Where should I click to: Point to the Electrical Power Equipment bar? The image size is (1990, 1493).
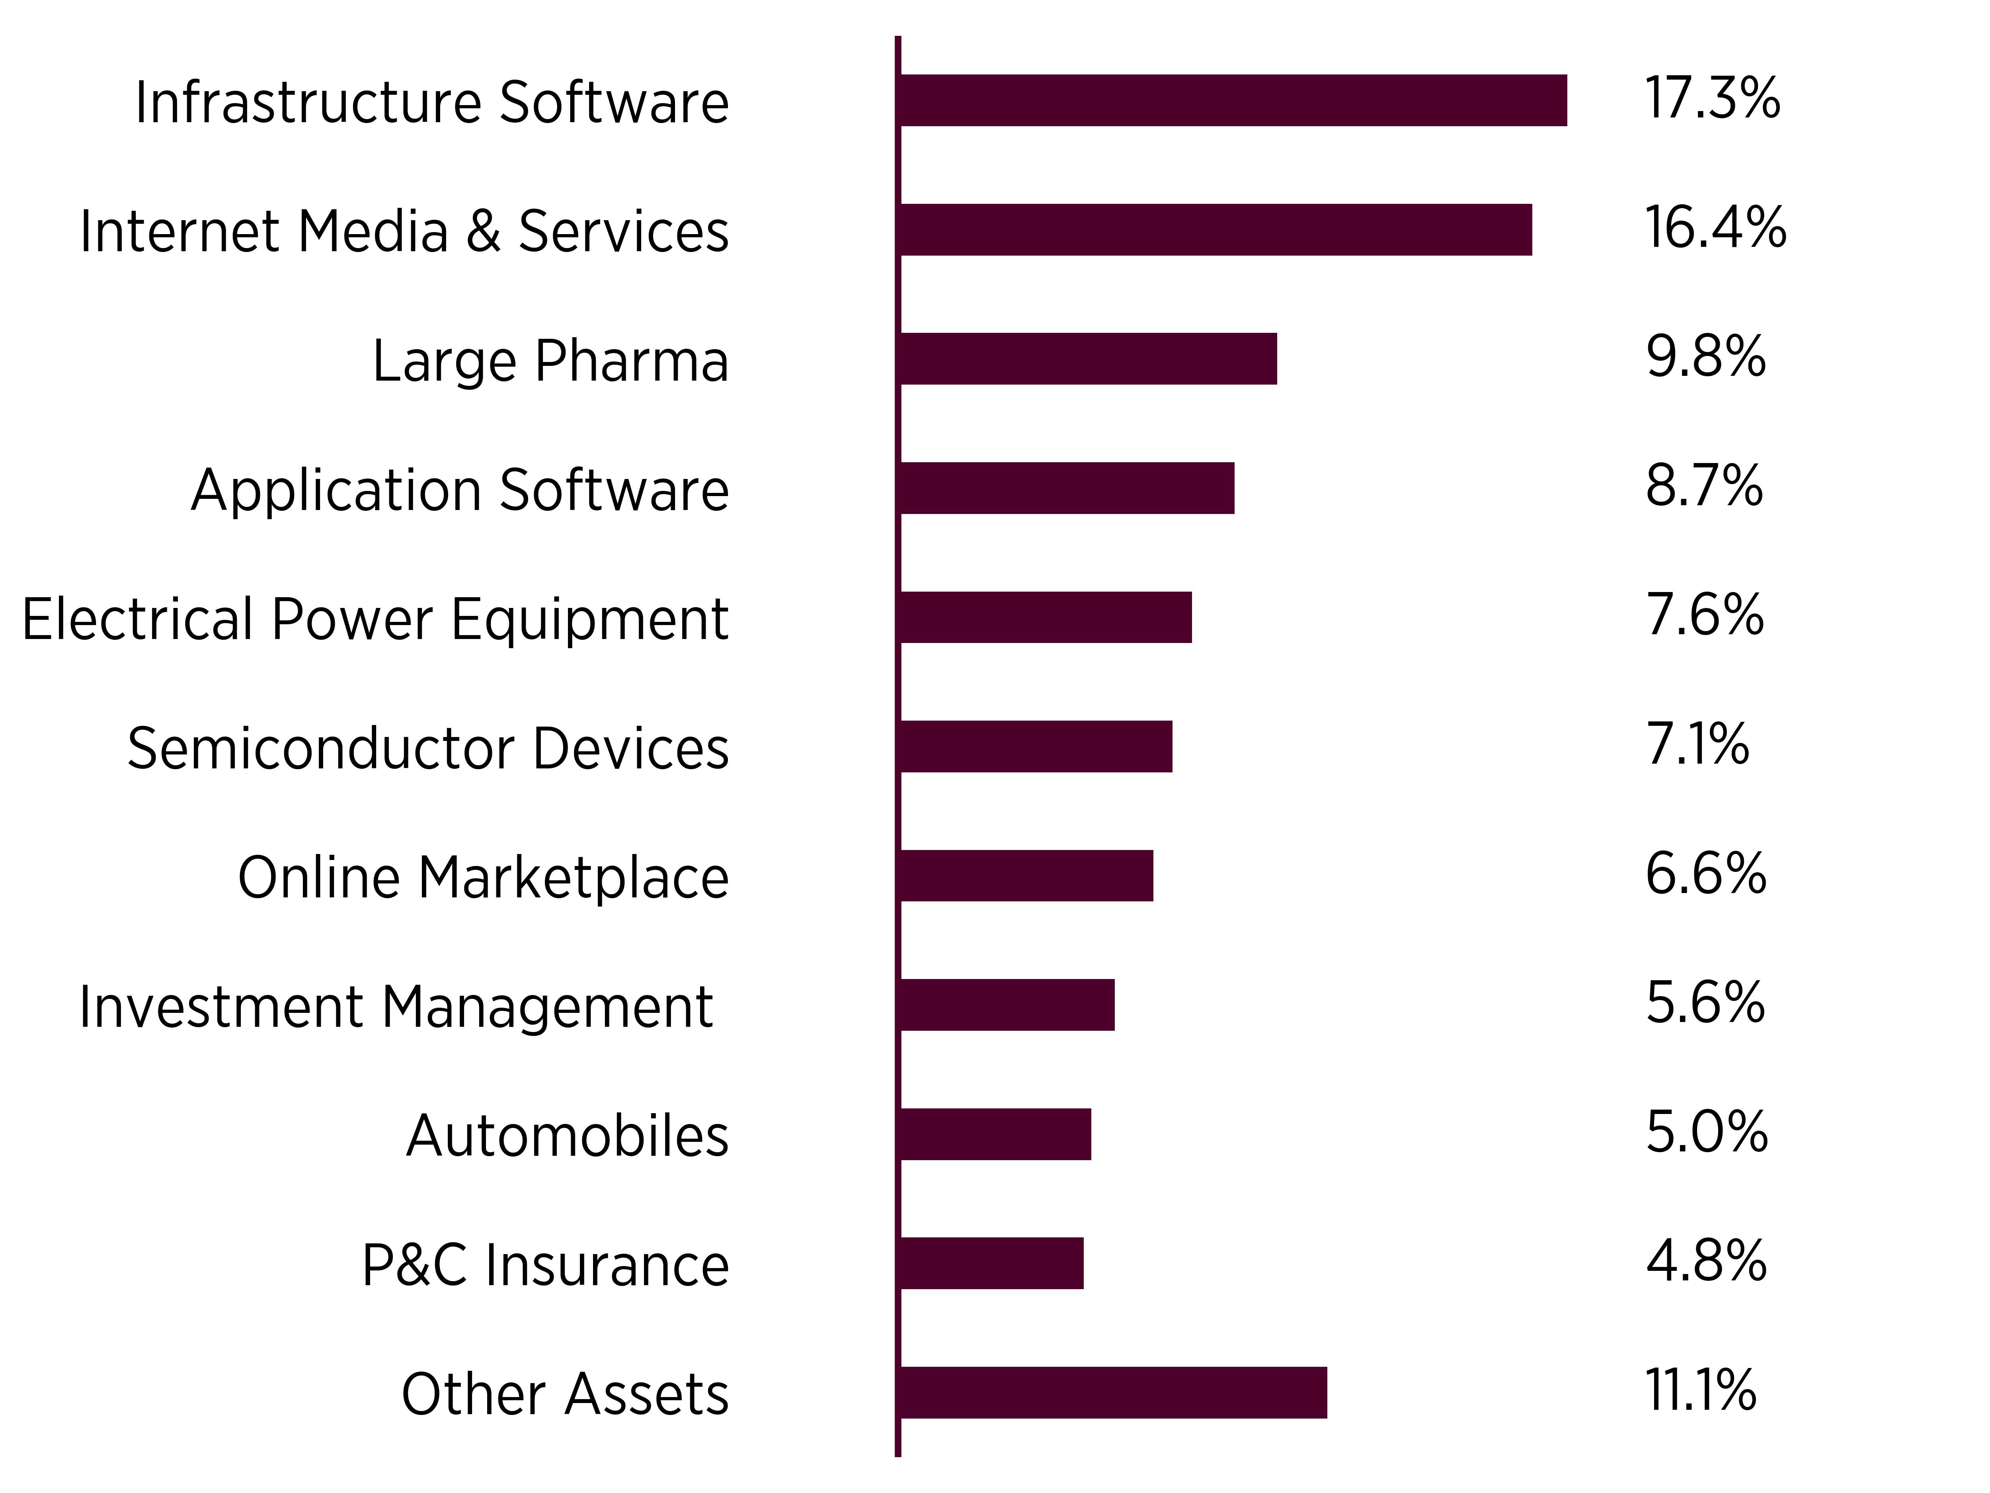click(x=1046, y=618)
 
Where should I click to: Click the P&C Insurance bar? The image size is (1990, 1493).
click(x=991, y=1264)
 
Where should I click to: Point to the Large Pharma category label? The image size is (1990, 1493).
click(x=550, y=361)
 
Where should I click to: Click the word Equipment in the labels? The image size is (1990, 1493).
click(x=589, y=620)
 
